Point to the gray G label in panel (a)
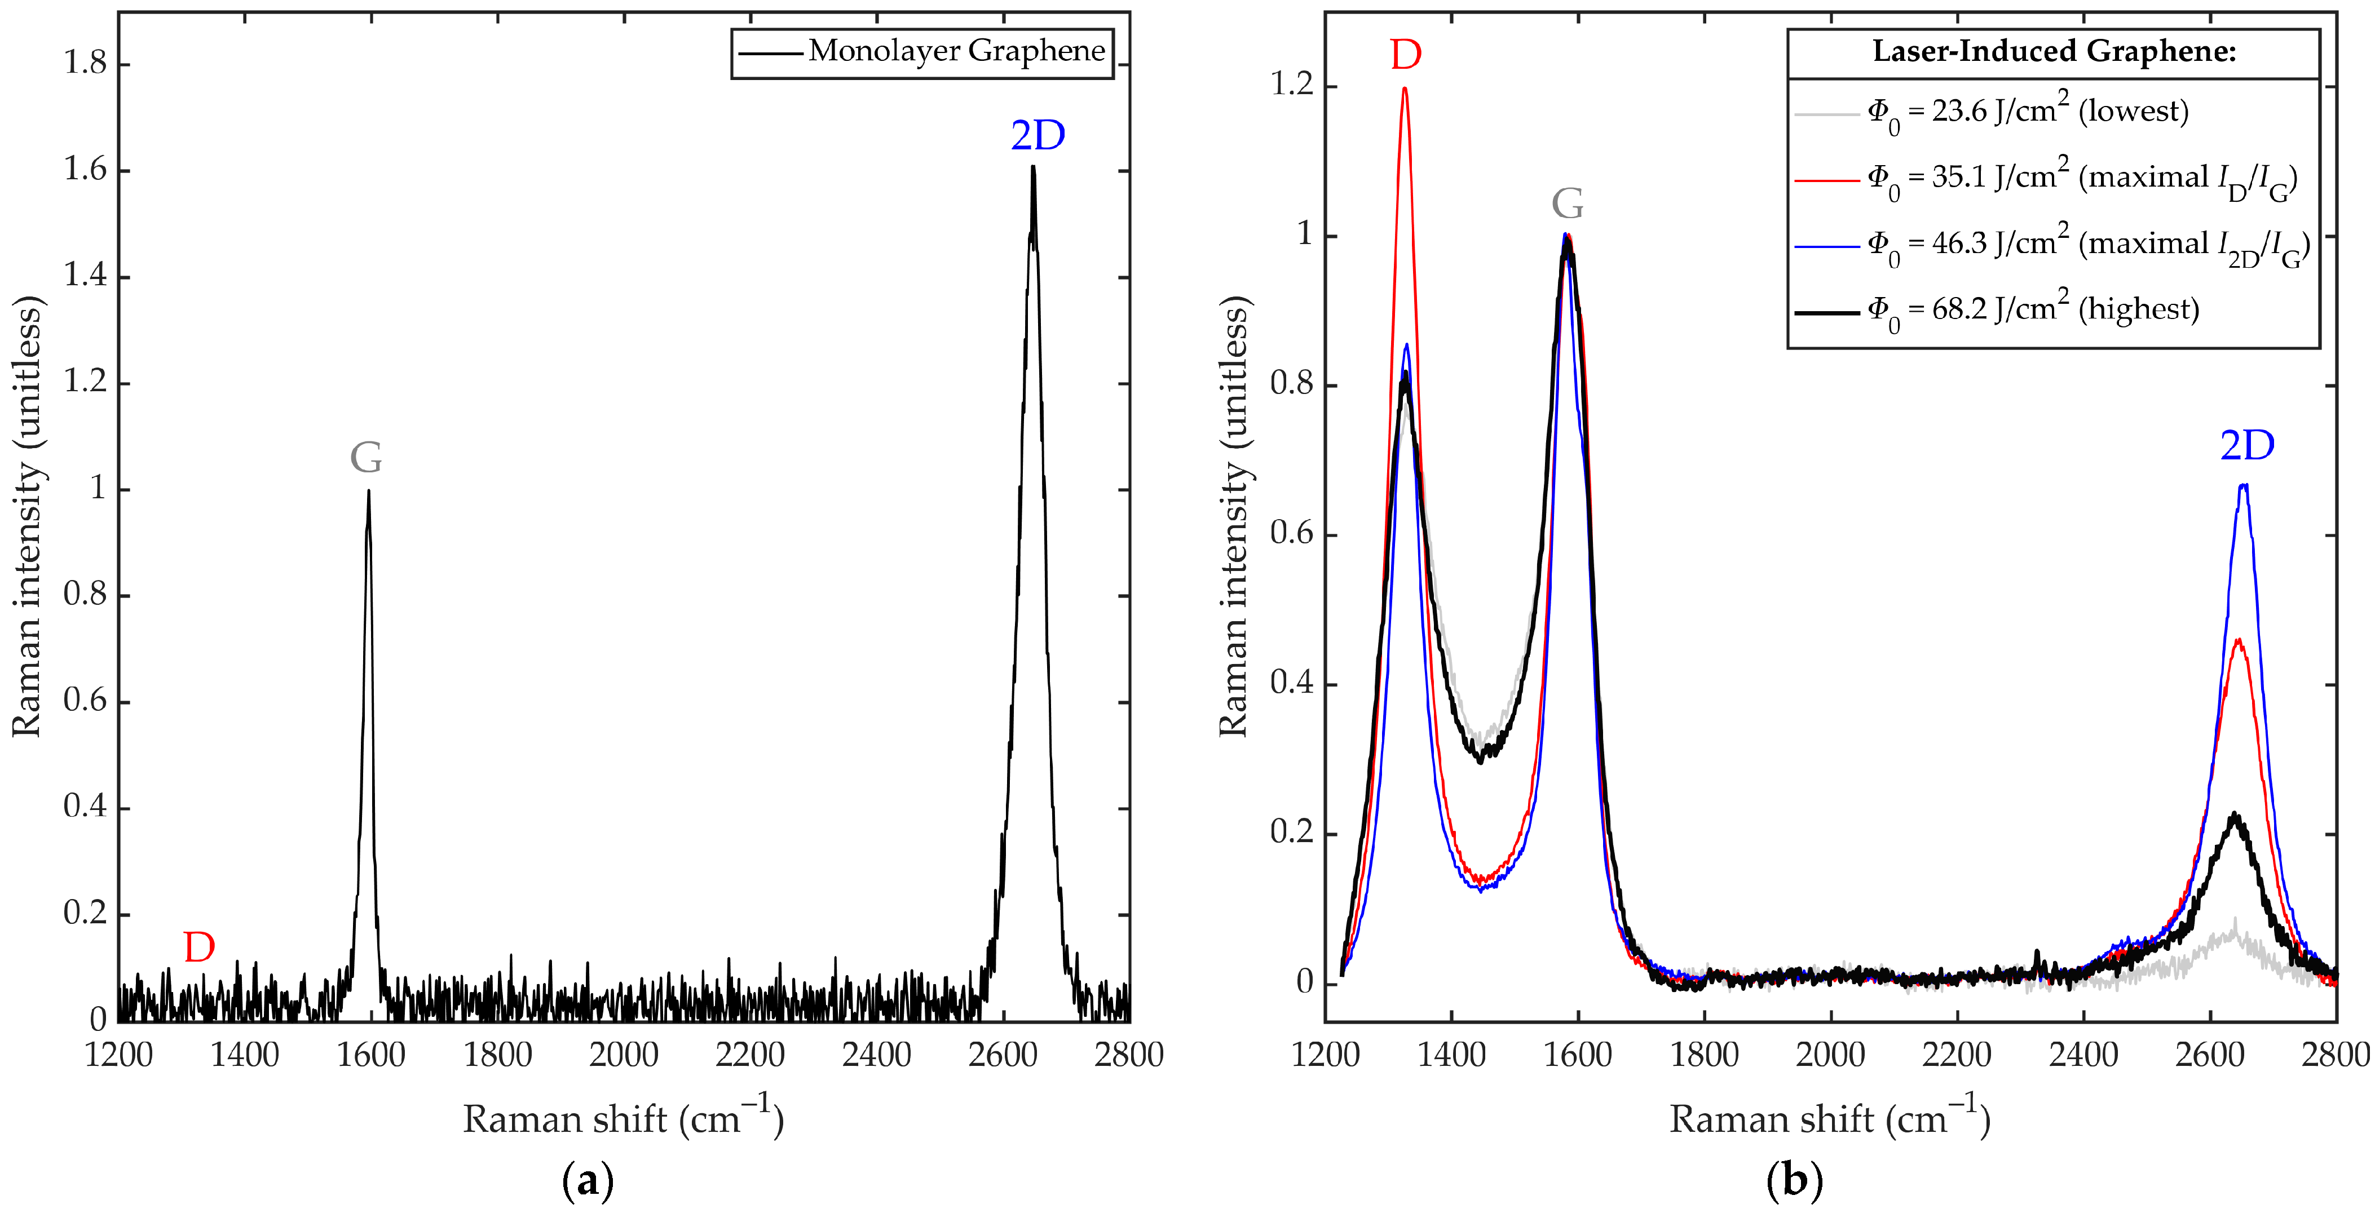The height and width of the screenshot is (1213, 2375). tap(366, 457)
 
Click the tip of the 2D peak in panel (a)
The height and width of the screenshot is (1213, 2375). tap(1034, 168)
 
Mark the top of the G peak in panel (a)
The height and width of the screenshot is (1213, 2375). tap(369, 492)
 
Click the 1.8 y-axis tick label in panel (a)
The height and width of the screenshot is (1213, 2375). tap(85, 64)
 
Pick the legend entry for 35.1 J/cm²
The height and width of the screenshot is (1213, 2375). tap(2080, 178)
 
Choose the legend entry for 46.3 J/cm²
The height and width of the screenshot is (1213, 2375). tap(2087, 244)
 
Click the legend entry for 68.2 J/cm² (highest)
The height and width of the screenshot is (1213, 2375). tap(2032, 309)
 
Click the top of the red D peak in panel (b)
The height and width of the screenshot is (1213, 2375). tap(1405, 88)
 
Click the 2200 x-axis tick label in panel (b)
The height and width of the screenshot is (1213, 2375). tap(1957, 1055)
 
